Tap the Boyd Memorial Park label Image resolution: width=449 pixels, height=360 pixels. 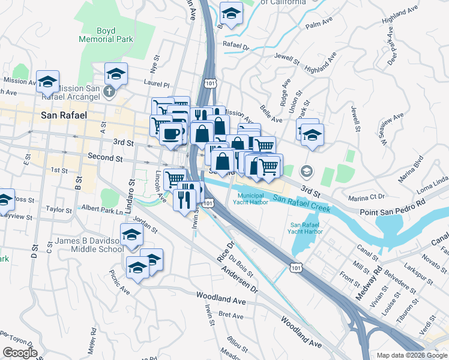105,35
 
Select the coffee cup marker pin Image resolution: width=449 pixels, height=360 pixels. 172,134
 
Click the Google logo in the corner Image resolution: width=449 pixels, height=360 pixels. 20,353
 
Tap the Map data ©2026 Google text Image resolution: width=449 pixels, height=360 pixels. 412,355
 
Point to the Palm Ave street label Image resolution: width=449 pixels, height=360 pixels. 319,23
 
